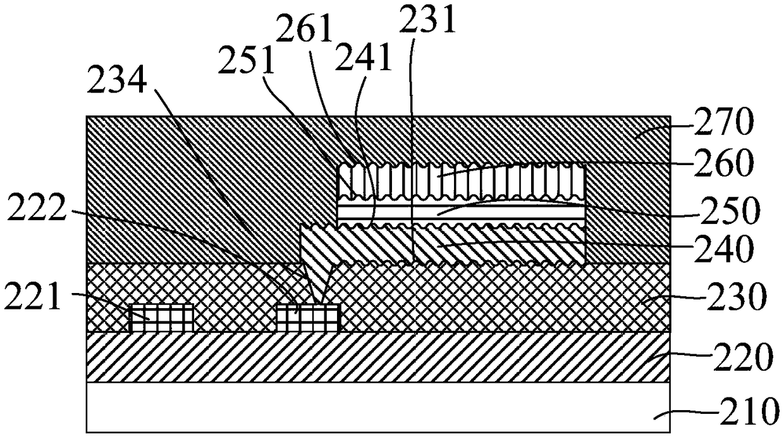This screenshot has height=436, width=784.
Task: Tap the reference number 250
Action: point(730,211)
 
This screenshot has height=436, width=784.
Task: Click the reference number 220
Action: point(742,359)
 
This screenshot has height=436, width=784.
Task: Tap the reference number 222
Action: point(37,209)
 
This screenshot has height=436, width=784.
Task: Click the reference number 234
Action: point(117,80)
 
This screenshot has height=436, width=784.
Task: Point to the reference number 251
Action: point(247,62)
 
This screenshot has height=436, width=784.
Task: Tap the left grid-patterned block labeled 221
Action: point(162,318)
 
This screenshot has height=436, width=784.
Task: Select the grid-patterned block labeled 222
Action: point(309,318)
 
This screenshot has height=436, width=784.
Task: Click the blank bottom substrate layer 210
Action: point(378,408)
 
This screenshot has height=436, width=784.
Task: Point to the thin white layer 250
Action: point(460,213)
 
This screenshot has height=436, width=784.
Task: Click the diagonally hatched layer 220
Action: point(378,357)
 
